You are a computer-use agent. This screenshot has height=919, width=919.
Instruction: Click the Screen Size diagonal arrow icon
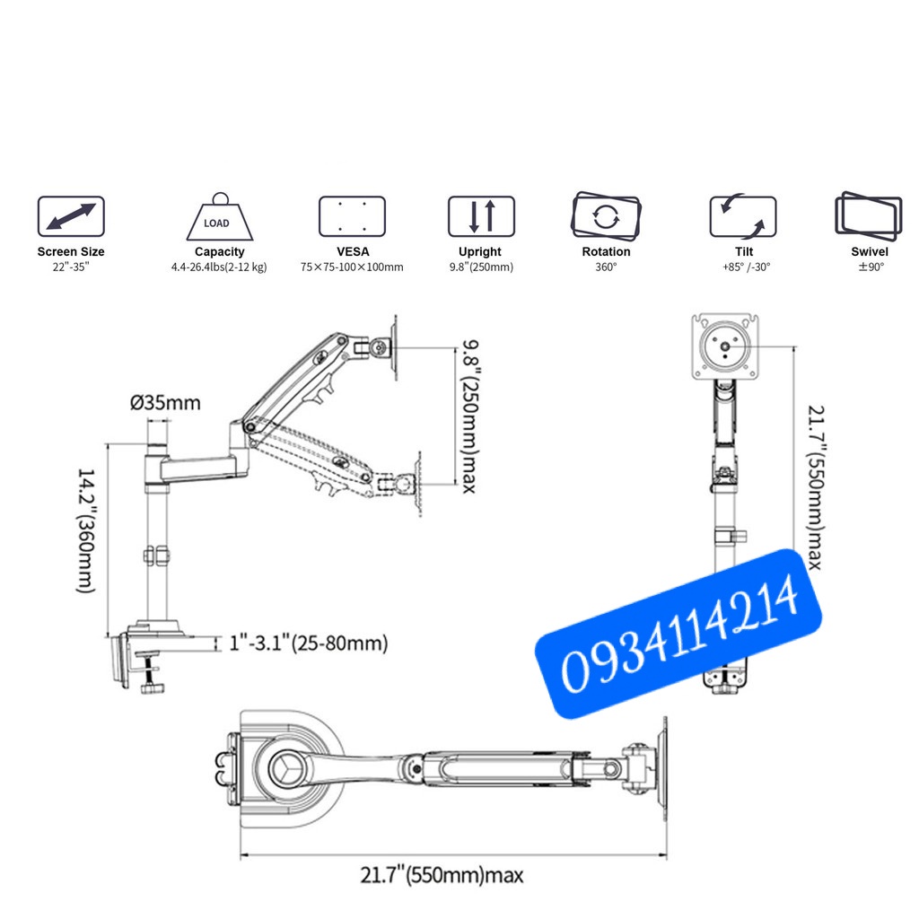click(71, 216)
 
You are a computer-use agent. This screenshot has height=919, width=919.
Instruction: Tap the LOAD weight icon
click(219, 217)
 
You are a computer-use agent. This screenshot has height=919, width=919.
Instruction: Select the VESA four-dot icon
click(352, 216)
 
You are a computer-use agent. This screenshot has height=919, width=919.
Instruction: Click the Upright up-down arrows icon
click(481, 216)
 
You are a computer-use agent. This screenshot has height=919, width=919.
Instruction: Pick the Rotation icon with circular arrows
click(606, 216)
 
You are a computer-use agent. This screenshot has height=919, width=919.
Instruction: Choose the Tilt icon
click(743, 216)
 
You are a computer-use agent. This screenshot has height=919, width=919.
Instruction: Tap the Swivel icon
click(868, 216)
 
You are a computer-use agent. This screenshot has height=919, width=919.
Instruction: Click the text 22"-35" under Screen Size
click(71, 267)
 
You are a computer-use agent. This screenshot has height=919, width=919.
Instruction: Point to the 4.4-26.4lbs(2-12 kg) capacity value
click(219, 267)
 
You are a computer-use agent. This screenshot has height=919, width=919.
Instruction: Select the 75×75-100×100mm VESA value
click(352, 267)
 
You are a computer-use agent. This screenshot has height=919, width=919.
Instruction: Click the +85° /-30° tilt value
click(743, 267)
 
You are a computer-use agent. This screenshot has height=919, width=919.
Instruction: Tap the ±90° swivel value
click(869, 267)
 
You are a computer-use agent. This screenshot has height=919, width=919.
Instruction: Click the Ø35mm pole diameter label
click(166, 403)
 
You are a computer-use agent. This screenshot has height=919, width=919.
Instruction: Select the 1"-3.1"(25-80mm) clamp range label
click(309, 643)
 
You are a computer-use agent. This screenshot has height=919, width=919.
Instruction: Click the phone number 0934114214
click(679, 634)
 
